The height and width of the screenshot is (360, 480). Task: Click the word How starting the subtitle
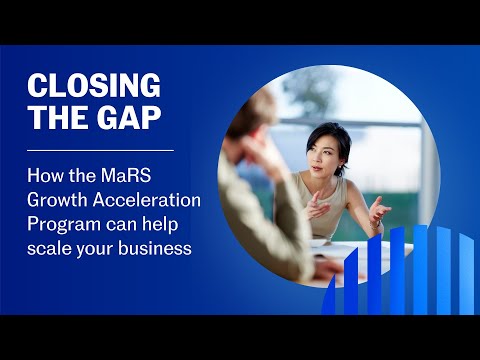pos(44,176)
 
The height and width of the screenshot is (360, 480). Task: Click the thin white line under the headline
pos(100,150)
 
